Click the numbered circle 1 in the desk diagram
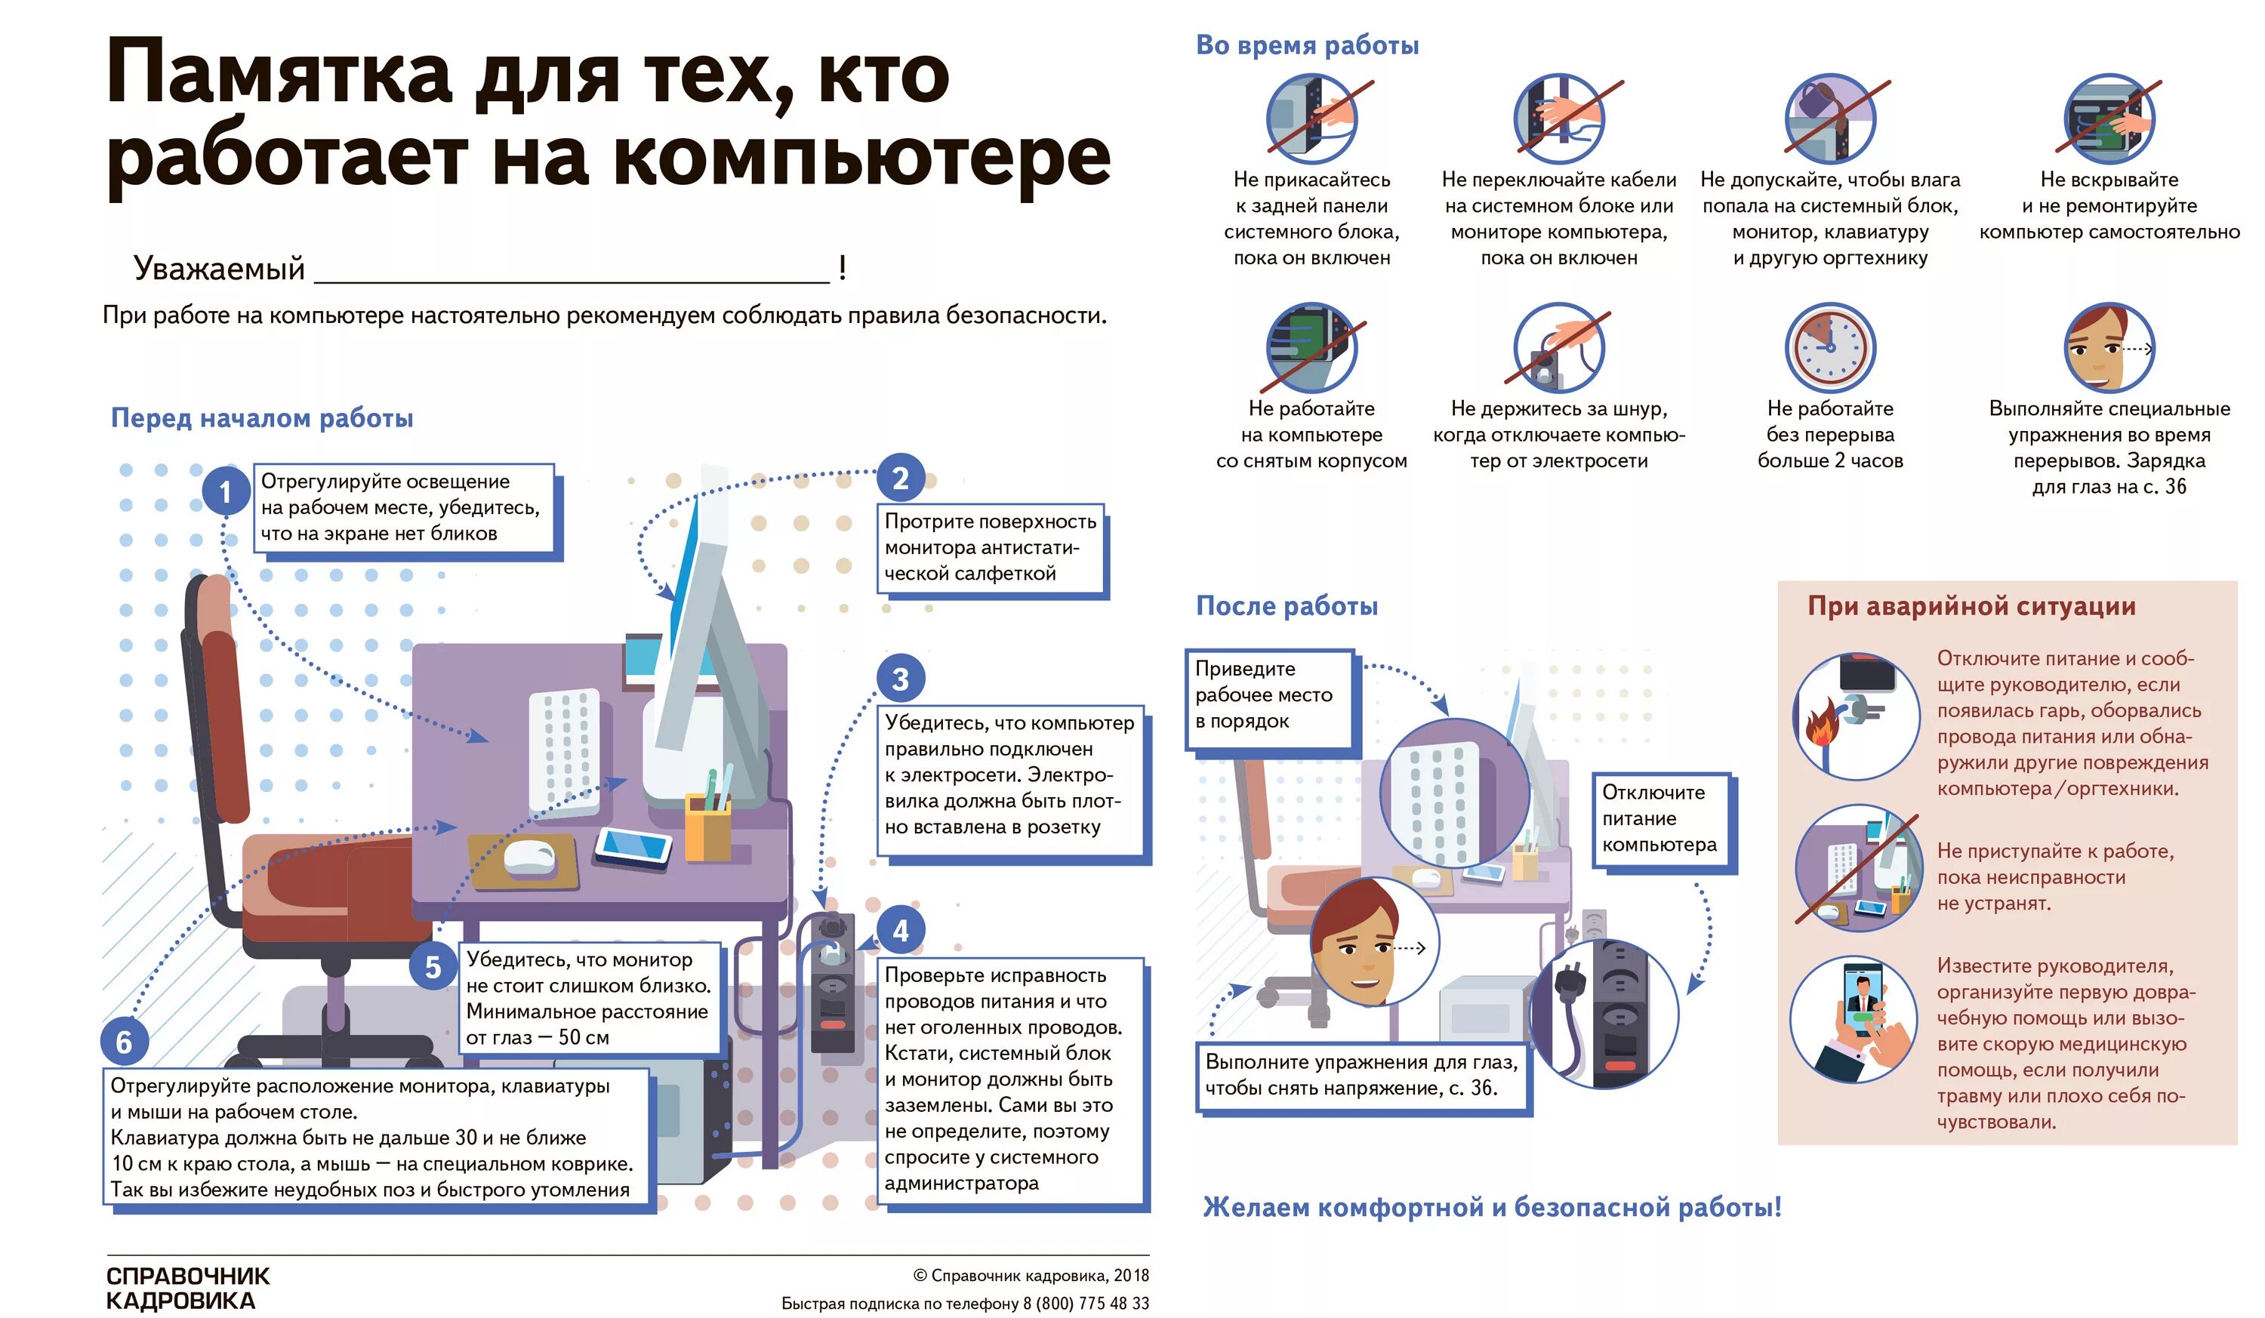[x=225, y=491]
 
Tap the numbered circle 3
[x=900, y=679]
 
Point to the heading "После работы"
[x=1287, y=606]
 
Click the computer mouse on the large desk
[x=528, y=855]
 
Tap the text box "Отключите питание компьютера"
[x=1661, y=818]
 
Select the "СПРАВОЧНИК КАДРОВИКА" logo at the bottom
[x=187, y=1289]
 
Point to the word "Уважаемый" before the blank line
[x=219, y=269]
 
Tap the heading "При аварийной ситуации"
[x=1971, y=606]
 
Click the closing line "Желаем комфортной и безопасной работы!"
[x=1492, y=1206]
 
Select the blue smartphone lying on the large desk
[x=634, y=845]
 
